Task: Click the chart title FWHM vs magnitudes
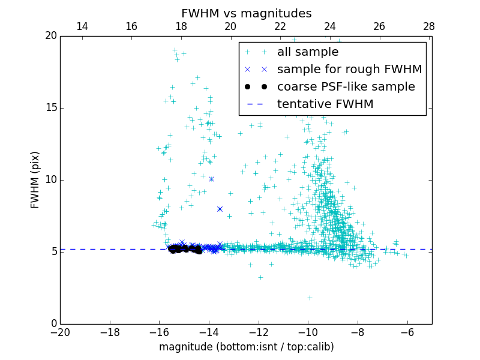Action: (246, 13)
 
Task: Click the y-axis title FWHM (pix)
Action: (35, 180)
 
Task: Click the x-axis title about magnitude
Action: (246, 347)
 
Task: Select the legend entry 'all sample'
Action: (307, 52)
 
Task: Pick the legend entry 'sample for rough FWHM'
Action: (349, 69)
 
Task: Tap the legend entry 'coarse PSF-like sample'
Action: (346, 86)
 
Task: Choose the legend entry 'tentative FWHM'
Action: (325, 104)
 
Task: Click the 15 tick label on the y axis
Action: (50, 108)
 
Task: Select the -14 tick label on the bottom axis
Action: (209, 332)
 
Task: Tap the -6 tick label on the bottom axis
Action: (407, 332)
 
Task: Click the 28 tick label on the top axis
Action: (429, 26)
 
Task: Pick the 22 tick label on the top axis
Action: (280, 26)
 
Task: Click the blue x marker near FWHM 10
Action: (211, 179)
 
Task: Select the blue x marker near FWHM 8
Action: (220, 209)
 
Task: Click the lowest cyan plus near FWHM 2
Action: (310, 298)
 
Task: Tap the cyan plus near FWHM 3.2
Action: (260, 277)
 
